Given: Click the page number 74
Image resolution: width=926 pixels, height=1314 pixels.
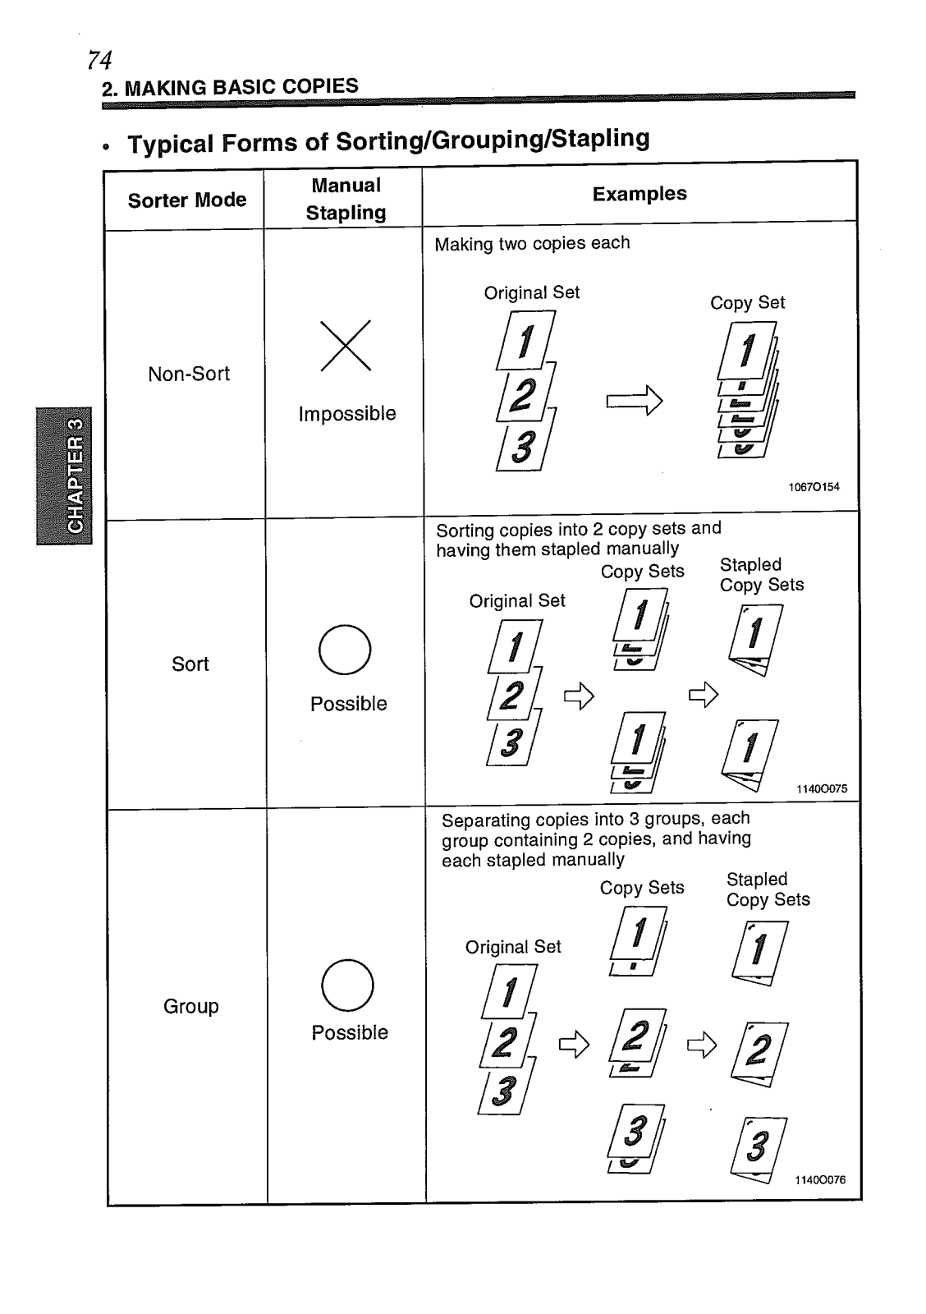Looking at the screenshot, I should (99, 60).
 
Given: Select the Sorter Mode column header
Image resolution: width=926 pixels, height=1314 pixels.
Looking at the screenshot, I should (187, 200).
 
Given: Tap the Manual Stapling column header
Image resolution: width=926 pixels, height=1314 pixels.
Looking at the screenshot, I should (346, 199).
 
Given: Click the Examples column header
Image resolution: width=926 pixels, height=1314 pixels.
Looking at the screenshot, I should (639, 194).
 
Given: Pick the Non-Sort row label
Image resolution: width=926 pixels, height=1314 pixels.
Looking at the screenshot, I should (189, 374).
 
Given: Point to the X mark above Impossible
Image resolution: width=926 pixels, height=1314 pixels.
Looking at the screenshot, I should (346, 346).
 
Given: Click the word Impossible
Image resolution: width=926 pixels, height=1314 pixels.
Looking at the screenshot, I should (347, 414).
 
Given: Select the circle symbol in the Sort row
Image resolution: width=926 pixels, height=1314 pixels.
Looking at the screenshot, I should (345, 650).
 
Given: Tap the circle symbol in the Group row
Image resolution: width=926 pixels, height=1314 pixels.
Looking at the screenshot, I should (347, 985).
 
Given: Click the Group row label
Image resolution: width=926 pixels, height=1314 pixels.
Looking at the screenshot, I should (191, 1007).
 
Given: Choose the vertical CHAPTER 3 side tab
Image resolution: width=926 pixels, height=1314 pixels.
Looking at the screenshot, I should (65, 476).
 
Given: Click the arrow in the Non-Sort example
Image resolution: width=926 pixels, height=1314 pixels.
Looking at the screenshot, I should (634, 401).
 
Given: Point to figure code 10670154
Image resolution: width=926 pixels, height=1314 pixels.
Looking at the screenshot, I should (814, 487).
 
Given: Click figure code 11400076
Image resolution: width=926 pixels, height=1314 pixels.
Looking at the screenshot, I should (819, 1180).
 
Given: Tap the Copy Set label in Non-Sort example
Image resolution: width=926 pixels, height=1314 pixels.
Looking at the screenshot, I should (747, 303).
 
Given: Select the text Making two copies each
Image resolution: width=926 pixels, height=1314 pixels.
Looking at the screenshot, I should (532, 244).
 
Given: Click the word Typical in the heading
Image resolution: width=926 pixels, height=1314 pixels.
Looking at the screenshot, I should (169, 144).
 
